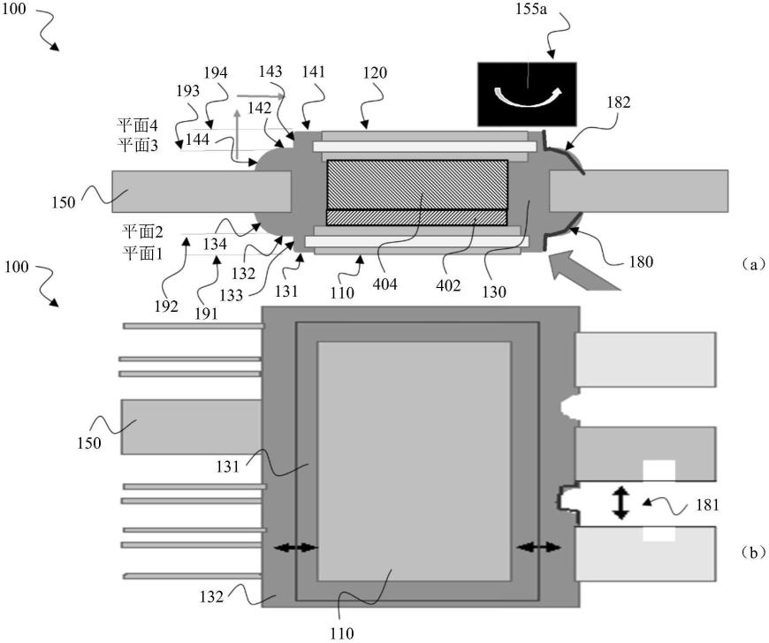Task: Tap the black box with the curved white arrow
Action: (x=527, y=93)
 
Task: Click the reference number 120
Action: (x=374, y=73)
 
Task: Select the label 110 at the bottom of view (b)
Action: (x=342, y=633)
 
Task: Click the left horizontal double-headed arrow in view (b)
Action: (x=294, y=548)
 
